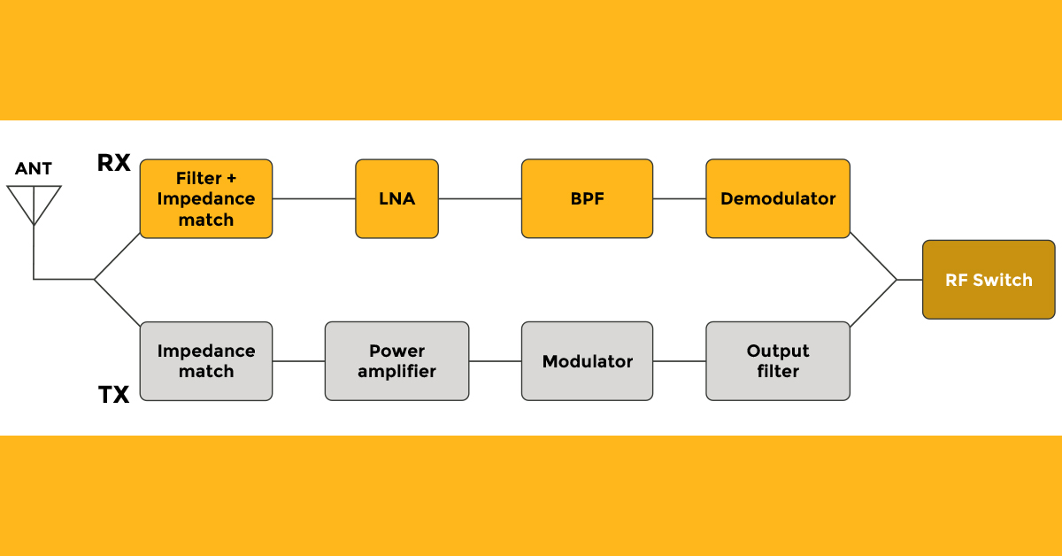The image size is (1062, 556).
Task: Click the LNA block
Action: click(396, 198)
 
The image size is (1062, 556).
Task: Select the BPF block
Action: click(587, 198)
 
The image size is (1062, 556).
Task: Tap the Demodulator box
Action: click(777, 198)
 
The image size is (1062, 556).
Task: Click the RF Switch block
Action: click(989, 280)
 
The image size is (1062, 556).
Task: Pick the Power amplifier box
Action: click(396, 361)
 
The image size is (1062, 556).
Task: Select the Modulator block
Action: click(587, 361)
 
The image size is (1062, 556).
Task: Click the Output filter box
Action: click(777, 361)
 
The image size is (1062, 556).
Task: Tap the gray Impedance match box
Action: click(205, 361)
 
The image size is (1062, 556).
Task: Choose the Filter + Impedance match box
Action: click(205, 198)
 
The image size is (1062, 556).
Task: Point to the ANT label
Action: click(34, 169)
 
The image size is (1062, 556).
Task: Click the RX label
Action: click(113, 163)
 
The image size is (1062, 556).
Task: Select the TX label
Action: click(113, 395)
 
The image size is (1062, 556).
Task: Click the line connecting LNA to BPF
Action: click(480, 198)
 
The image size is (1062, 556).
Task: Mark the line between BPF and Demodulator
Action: click(679, 198)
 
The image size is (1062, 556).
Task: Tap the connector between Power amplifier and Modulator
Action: click(495, 361)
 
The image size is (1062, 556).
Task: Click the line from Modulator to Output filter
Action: click(679, 361)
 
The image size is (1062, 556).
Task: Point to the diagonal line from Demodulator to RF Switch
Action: click(873, 257)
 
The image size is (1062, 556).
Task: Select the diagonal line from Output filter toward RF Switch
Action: click(873, 303)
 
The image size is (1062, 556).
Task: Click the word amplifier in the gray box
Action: click(396, 372)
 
